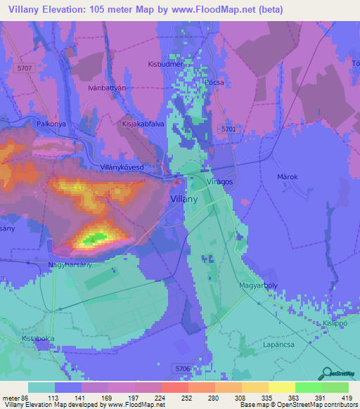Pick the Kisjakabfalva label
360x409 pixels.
point(142,123)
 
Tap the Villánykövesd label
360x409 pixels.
point(127,169)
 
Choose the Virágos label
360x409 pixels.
point(219,181)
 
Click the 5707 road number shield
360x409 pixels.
point(25,68)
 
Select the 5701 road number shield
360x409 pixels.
point(229,129)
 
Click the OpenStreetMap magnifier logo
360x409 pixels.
point(326,374)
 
